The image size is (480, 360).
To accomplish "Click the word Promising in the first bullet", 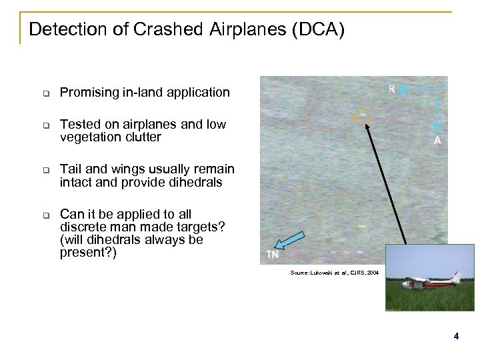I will [x=89, y=93].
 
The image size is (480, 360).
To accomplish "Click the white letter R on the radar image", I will [x=393, y=90].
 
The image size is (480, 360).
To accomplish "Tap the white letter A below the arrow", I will [x=437, y=141].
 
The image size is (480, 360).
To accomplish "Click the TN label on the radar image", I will [x=272, y=254].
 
